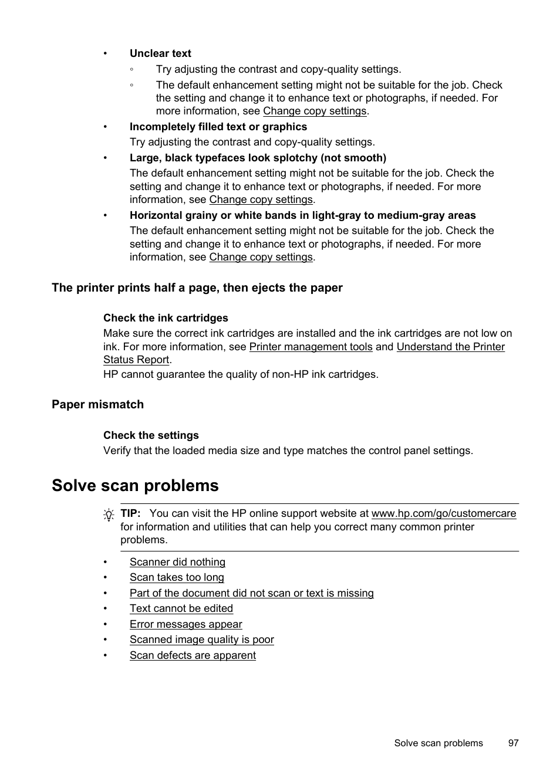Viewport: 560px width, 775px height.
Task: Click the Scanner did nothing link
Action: pos(177,562)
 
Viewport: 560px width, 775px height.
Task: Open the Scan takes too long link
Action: pos(177,577)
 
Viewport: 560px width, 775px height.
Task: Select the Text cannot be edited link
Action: pos(181,608)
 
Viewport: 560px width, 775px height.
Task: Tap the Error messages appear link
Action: pos(185,624)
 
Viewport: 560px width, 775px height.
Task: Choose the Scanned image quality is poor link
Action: pos(201,639)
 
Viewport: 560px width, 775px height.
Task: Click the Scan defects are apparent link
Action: pos(193,655)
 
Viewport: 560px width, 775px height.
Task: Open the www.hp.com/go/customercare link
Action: pos(443,513)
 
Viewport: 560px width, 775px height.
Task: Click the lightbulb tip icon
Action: pos(109,515)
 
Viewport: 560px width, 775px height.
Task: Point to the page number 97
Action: pos(514,743)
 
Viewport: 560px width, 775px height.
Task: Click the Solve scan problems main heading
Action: pos(135,485)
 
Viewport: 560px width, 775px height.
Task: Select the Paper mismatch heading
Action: pos(97,404)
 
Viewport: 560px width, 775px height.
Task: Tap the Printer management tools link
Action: pos(311,347)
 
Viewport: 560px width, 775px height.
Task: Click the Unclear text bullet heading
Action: pos(160,53)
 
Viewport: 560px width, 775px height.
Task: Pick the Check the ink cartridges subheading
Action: pos(166,318)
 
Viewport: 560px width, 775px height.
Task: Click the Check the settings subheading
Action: pos(151,435)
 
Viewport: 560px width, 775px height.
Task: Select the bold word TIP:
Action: pos(130,513)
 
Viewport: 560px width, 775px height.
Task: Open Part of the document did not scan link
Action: pos(251,593)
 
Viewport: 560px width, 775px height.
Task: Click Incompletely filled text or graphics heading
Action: pos(218,127)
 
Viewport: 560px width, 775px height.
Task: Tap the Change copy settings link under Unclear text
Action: pos(315,111)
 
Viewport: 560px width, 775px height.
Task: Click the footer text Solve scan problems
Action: pos(438,743)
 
